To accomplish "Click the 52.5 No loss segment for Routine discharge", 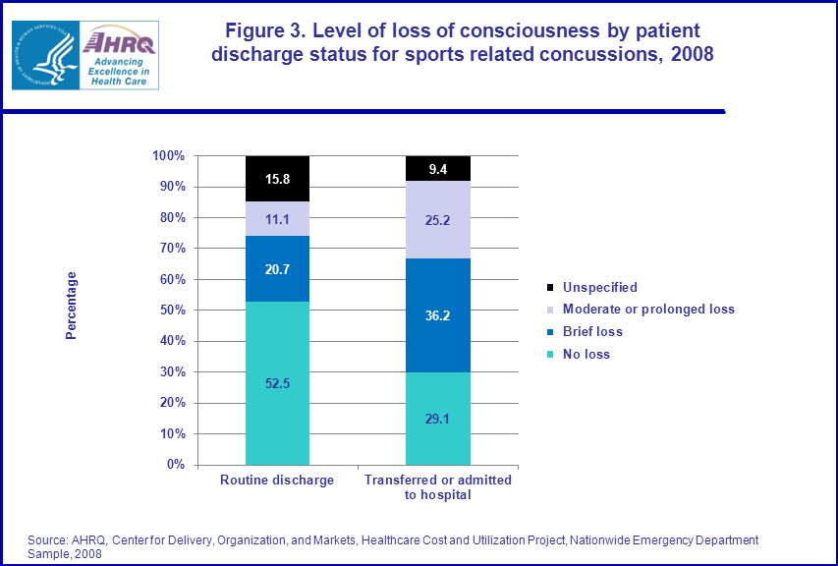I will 277,382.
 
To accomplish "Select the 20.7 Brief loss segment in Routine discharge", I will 277,268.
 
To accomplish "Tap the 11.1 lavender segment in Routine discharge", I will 277,218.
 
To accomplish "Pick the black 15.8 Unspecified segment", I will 277,178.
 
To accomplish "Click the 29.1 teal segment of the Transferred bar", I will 438,418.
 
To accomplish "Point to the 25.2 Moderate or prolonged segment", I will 438,220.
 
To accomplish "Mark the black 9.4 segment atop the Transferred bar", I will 438,168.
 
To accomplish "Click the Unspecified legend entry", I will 599,288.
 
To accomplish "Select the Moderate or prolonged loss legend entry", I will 647,310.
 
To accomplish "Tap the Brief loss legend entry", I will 592,332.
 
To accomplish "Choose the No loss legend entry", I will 586,354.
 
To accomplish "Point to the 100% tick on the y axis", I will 168,156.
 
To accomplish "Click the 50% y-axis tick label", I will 171,311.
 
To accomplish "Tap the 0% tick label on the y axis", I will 175,465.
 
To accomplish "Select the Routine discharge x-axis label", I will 277,481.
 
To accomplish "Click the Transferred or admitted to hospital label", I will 438,487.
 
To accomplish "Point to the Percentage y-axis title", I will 71,306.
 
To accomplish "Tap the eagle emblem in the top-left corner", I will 44,54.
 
